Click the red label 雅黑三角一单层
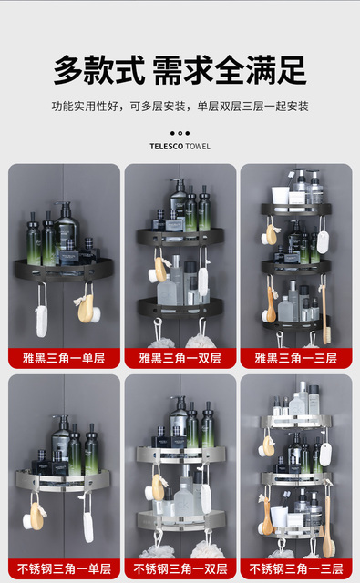(x=64, y=358)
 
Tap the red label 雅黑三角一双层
(x=180, y=358)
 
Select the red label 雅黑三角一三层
(x=296, y=358)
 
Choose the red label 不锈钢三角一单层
(x=64, y=568)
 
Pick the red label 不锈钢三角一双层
(x=180, y=568)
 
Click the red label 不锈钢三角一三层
(x=296, y=568)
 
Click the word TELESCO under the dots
(x=167, y=147)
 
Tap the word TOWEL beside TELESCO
(x=198, y=147)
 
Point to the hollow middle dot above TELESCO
(x=180, y=133)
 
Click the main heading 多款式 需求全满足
(x=180, y=70)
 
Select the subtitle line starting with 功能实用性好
(x=180, y=107)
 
